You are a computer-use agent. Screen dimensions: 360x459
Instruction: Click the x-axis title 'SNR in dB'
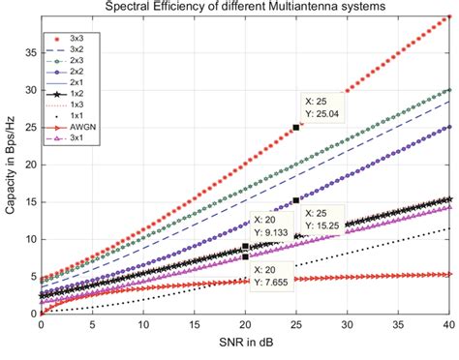[x=244, y=344]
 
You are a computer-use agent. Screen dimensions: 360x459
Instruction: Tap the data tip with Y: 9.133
[x=274, y=226]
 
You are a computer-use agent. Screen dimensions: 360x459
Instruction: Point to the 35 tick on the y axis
[x=29, y=52]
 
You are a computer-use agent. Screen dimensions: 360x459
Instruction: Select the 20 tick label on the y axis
[x=29, y=164]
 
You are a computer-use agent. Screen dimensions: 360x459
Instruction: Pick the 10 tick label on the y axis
[x=29, y=239]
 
